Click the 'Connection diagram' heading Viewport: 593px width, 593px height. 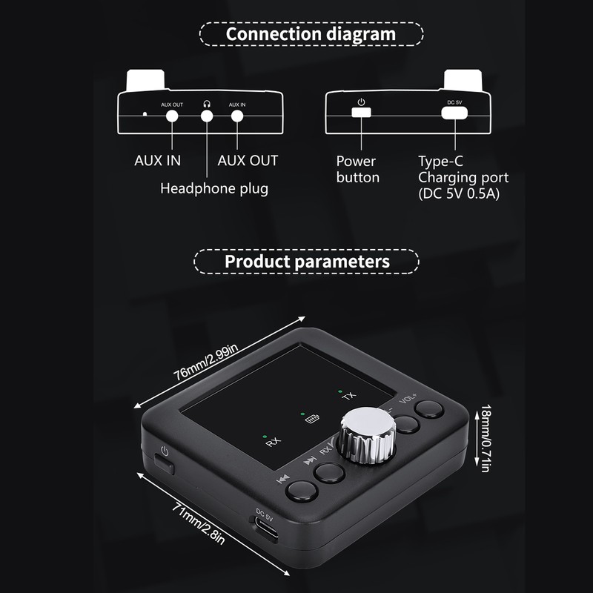click(311, 34)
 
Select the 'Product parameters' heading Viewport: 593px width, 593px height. click(307, 262)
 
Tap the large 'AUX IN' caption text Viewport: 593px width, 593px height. click(157, 161)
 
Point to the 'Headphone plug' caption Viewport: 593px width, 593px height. click(214, 188)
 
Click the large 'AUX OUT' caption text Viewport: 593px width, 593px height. click(248, 161)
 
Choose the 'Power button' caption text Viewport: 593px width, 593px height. click(357, 169)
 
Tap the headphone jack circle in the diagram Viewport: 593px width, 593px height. click(207, 116)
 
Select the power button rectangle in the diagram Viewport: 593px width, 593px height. click(361, 113)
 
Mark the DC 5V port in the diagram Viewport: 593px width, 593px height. click(454, 113)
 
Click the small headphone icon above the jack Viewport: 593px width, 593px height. click(207, 105)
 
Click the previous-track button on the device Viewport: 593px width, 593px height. click(300, 491)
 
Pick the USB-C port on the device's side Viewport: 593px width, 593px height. click(268, 529)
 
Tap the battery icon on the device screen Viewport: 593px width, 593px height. click(312, 420)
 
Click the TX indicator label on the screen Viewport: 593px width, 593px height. click(348, 396)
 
